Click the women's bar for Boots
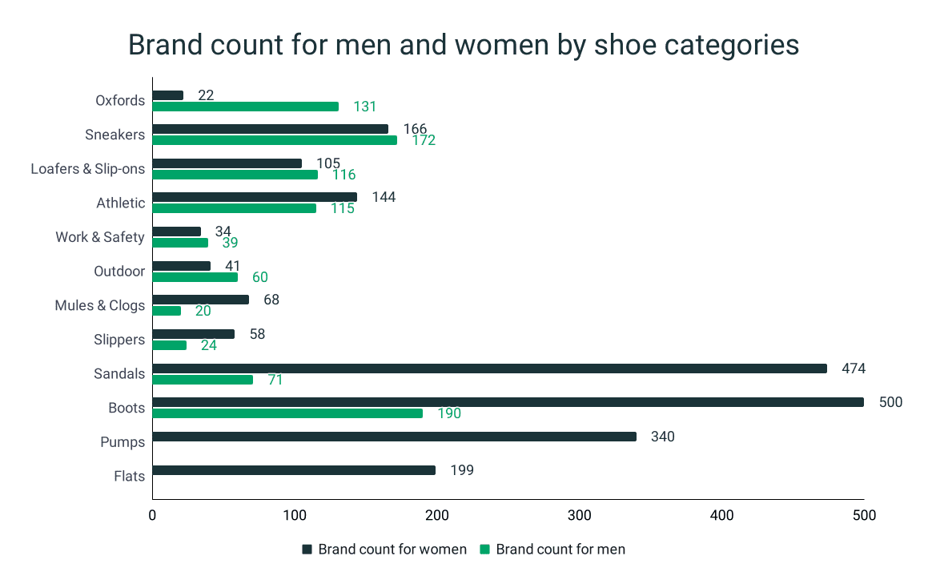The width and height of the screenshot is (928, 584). click(x=508, y=402)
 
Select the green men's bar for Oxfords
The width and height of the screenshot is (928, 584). click(x=245, y=107)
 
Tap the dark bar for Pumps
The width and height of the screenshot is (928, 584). click(x=394, y=437)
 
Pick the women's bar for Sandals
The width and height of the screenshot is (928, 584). click(x=489, y=369)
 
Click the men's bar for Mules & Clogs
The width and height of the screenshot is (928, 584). click(x=167, y=311)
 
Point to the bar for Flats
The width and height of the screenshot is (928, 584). click(x=294, y=470)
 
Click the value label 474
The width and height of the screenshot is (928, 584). click(x=854, y=369)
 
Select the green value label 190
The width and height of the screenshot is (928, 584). click(x=449, y=413)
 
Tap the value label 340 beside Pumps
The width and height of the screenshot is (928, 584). click(x=663, y=437)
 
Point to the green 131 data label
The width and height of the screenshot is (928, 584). click(x=364, y=107)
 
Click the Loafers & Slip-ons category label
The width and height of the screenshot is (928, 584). click(x=88, y=169)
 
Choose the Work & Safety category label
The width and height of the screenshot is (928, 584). click(x=100, y=237)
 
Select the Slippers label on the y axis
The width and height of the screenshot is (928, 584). click(x=119, y=340)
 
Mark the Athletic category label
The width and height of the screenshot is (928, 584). click(x=121, y=203)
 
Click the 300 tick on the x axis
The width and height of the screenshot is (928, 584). click(x=579, y=516)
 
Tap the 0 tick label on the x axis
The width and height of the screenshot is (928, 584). click(x=152, y=516)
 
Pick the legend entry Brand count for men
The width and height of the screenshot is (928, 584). click(x=560, y=550)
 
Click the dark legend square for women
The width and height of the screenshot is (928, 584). click(x=307, y=550)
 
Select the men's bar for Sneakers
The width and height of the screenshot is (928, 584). click(x=275, y=140)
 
